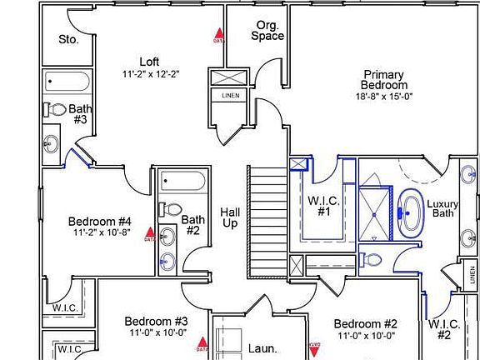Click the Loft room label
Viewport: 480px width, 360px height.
[x=149, y=61]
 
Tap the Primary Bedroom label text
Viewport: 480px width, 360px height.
[x=384, y=80]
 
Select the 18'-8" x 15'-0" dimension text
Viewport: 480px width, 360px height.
[x=384, y=97]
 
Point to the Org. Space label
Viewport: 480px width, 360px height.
[x=268, y=31]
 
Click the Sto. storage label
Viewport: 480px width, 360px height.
[x=68, y=39]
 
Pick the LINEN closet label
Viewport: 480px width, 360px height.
[x=230, y=95]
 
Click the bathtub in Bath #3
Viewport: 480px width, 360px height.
[x=67, y=82]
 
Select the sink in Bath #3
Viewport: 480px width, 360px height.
[x=51, y=141]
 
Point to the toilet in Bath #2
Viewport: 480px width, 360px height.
[x=171, y=209]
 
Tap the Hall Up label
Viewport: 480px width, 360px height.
[x=230, y=218]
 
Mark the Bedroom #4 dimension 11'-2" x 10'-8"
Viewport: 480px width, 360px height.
[x=100, y=232]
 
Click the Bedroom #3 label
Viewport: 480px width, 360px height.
[x=156, y=321]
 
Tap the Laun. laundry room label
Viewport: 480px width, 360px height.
[x=262, y=349]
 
